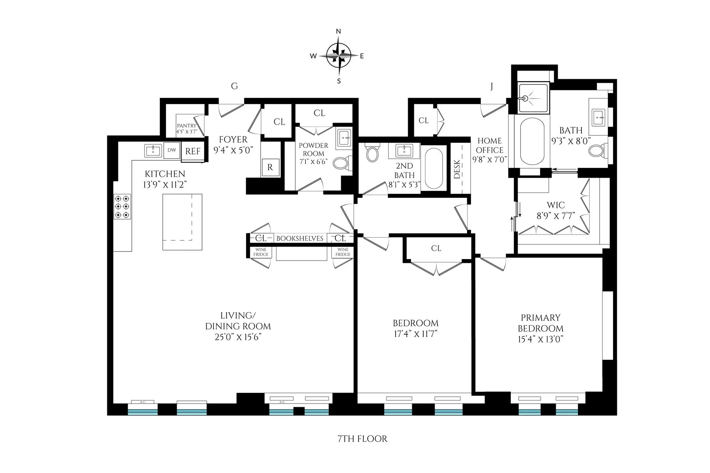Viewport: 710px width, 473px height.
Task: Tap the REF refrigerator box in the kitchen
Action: [192, 151]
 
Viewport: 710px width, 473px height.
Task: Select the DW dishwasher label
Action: [172, 150]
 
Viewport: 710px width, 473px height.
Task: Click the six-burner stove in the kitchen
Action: [122, 207]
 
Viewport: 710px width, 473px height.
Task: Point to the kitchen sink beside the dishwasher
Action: [153, 150]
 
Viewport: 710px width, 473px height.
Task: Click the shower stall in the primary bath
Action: [533, 98]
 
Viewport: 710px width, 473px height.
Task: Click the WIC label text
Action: [555, 205]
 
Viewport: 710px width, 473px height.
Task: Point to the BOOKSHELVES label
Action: [300, 238]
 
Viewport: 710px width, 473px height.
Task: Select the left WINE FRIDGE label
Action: [261, 252]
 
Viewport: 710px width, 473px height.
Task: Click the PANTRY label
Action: [186, 126]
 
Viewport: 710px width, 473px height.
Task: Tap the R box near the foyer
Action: [270, 167]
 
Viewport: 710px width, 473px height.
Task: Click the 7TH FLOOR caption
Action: [362, 439]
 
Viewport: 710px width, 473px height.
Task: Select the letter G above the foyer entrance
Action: [234, 86]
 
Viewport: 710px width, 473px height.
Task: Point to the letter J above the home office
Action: [491, 87]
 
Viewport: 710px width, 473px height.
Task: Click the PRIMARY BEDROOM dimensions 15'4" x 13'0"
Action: [540, 339]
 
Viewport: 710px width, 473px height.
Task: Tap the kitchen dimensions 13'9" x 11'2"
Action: [165, 184]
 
